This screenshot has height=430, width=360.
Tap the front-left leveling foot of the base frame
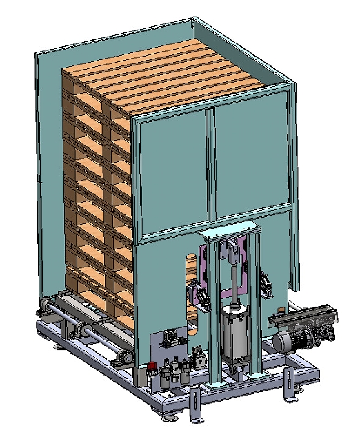pyautogui.click(x=170, y=416)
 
